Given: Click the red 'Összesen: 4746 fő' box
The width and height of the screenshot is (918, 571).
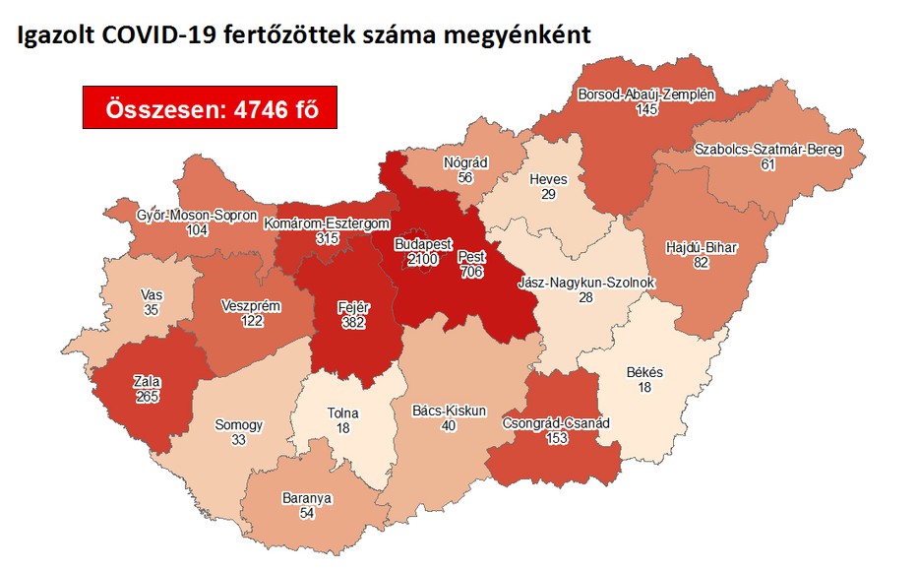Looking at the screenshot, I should click(210, 108).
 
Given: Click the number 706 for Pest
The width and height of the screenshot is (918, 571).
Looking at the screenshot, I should click(471, 271).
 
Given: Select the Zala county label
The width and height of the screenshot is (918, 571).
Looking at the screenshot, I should click(149, 382).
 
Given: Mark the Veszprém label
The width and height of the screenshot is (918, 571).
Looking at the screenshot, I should click(253, 306).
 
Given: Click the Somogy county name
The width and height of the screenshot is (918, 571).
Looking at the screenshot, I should click(239, 425).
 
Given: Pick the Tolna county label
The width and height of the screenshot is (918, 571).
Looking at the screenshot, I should click(342, 412).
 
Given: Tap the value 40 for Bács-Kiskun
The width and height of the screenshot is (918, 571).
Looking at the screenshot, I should click(450, 425).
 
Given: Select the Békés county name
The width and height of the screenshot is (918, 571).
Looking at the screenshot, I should click(644, 372).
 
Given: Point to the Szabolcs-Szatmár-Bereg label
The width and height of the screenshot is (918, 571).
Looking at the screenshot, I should click(767, 150).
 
